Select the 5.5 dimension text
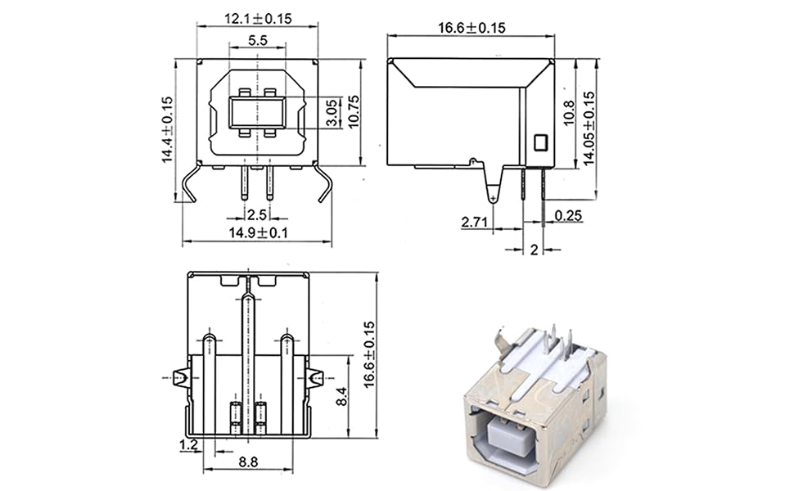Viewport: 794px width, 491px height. [257, 39]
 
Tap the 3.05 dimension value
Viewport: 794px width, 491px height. [331, 112]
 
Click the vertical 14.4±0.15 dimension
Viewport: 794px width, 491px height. [168, 130]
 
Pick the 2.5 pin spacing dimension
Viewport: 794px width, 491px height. [257, 215]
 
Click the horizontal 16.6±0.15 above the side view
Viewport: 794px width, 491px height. [471, 28]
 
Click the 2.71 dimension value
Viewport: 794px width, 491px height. [475, 222]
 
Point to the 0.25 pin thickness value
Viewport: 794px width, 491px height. [569, 215]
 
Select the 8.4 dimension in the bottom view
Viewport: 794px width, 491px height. [341, 398]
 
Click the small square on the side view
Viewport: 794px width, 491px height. [539, 142]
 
